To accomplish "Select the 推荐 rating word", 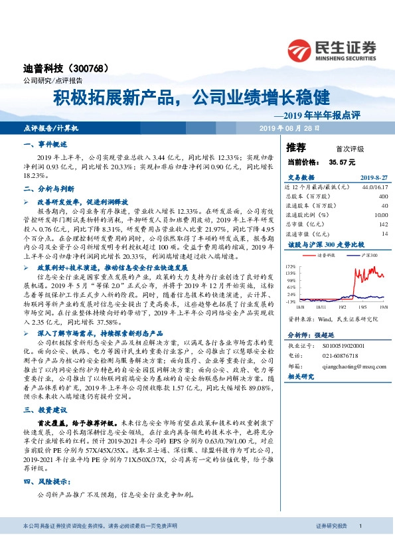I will [296, 147].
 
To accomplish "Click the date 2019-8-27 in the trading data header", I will [374, 178].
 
